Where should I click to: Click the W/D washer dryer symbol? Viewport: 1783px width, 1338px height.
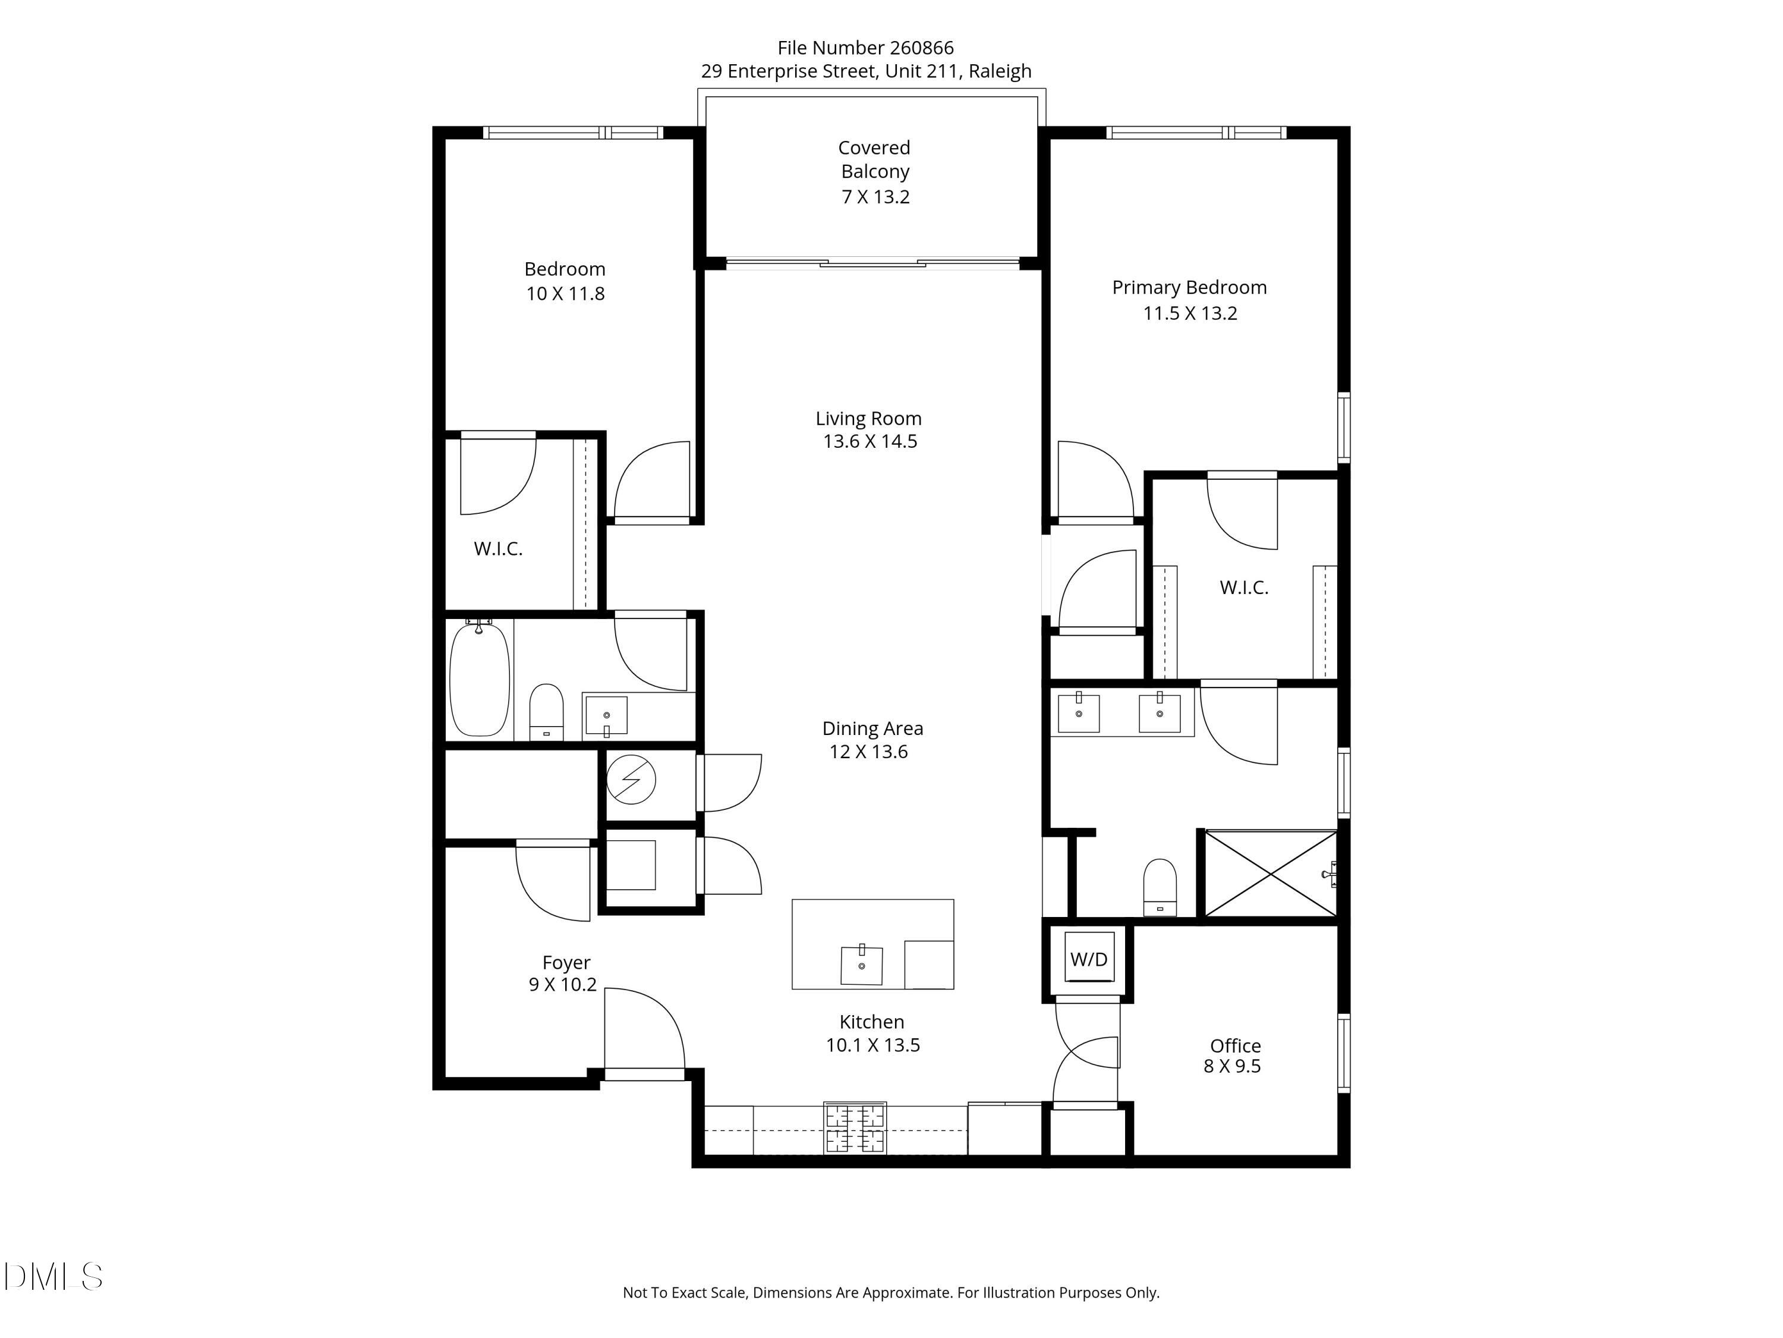(x=1089, y=959)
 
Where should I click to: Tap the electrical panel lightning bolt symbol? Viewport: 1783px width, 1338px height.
(x=631, y=780)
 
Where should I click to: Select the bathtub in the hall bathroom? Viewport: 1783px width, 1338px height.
(x=480, y=679)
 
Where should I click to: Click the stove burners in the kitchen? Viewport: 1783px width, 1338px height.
(x=855, y=1128)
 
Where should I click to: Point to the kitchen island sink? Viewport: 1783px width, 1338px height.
(x=861, y=965)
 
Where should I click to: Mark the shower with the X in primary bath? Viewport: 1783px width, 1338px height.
(x=1270, y=874)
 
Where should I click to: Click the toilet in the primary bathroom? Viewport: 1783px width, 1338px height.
(x=1160, y=887)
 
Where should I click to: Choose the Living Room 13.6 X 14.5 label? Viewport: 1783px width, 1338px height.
(x=869, y=430)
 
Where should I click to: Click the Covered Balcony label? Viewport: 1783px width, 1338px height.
(x=875, y=160)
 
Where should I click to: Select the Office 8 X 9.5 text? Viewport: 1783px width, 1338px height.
(x=1234, y=1056)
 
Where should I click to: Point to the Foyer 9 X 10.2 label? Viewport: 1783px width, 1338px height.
(x=564, y=973)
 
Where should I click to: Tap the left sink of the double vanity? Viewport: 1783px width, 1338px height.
(x=1079, y=713)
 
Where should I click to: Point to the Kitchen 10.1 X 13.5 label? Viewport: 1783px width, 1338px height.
(x=872, y=1033)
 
